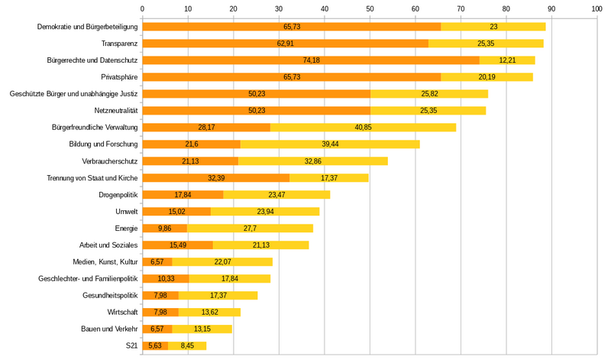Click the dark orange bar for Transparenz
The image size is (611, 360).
click(285, 44)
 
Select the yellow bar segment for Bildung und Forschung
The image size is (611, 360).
click(330, 144)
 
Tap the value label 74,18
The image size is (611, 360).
click(310, 60)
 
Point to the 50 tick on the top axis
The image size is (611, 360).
click(370, 8)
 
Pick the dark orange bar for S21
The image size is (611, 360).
click(155, 345)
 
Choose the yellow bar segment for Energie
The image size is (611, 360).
click(250, 228)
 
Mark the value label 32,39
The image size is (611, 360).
click(216, 177)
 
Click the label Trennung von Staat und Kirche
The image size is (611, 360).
click(92, 177)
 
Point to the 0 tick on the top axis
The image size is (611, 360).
click(143, 8)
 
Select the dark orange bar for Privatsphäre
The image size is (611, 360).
click(292, 77)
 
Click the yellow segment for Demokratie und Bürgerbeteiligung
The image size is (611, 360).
click(493, 27)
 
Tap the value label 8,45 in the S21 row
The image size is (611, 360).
click(186, 345)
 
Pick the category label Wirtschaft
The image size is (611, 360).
click(122, 312)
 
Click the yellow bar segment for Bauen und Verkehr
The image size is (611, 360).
click(202, 329)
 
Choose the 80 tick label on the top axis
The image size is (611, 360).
click(506, 8)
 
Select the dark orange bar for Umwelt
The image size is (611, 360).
click(176, 211)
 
